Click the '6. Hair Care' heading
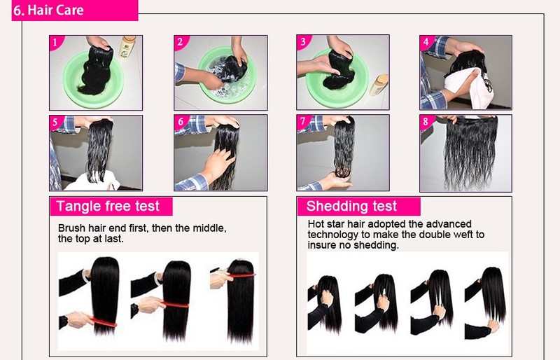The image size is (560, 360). pos(48,10)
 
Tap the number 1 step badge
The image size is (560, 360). pos(55,43)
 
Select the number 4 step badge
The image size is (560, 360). pos(426,42)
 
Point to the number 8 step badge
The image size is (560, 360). pos(426,122)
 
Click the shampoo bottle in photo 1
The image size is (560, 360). pos(127,47)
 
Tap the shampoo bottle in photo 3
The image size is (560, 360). pos(379,85)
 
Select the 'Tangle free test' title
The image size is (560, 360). pos(108,207)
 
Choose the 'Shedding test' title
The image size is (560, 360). pos(351,207)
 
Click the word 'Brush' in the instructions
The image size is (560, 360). pos(71,228)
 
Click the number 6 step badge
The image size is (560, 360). pos(181,122)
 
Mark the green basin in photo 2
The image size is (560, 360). pos(227,75)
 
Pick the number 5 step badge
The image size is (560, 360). pos(55,122)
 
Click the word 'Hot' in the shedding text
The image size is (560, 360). pos(316,224)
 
